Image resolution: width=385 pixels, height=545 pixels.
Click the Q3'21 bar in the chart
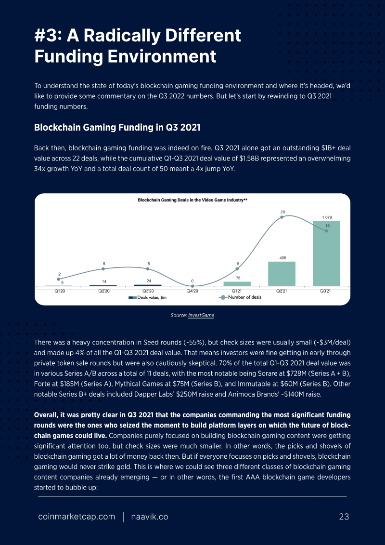(x=326, y=253)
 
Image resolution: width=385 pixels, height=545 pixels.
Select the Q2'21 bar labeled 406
(x=282, y=274)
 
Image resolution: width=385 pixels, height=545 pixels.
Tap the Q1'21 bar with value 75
(x=237, y=284)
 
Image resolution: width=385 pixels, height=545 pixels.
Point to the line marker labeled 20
(x=282, y=217)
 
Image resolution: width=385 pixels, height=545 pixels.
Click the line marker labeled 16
(x=326, y=231)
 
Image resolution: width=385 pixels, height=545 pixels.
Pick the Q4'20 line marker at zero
(x=192, y=286)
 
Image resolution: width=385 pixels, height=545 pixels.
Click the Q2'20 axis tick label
(x=103, y=291)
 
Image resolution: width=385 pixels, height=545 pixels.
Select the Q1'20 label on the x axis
(x=58, y=291)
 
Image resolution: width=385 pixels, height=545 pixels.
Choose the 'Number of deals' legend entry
(x=240, y=297)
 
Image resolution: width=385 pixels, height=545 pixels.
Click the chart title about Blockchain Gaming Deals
(x=192, y=200)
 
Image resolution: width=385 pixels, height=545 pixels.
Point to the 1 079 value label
(x=327, y=217)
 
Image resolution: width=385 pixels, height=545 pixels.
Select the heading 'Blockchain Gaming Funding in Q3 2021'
(x=117, y=128)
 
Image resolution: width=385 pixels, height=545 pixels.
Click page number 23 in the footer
(x=344, y=517)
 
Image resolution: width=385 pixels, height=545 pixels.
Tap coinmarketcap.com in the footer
(x=77, y=517)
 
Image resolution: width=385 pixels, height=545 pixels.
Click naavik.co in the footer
(x=150, y=517)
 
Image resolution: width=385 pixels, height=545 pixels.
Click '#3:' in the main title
(x=48, y=36)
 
